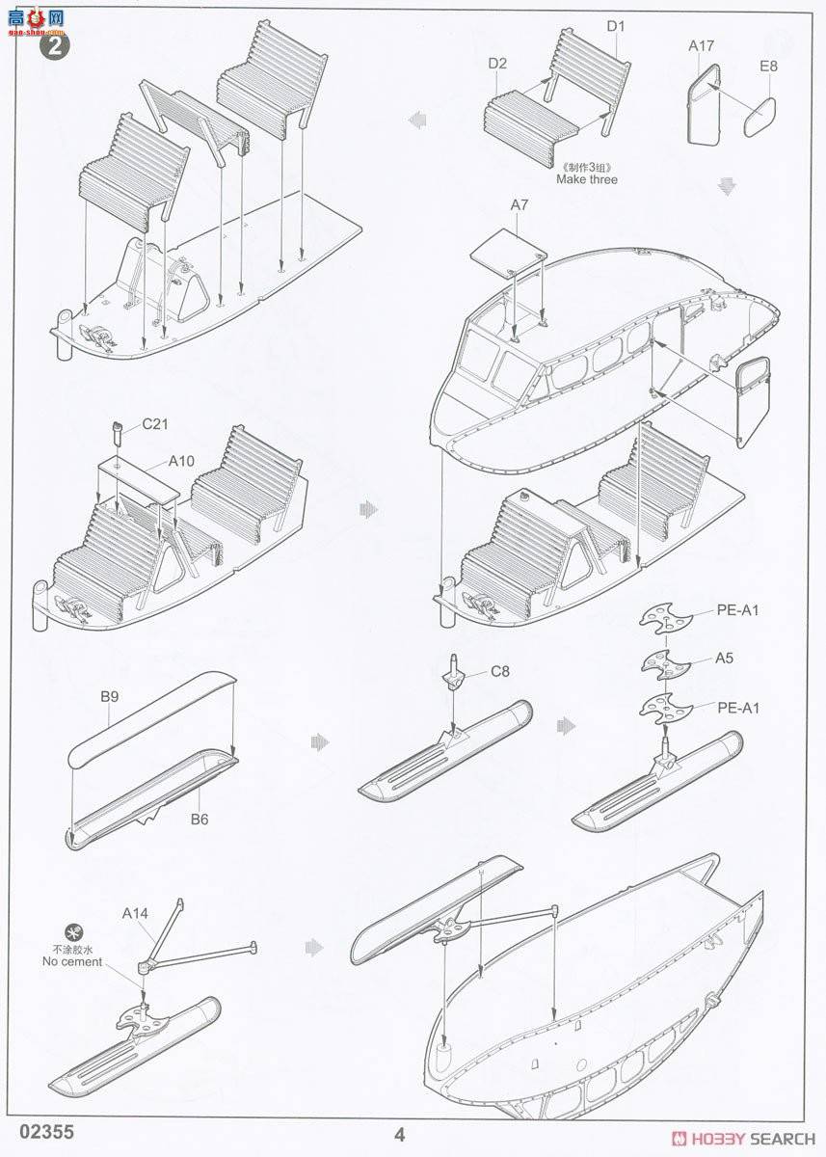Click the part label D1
615,26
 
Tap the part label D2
497,63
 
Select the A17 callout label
701,45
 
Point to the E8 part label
768,67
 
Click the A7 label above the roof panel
520,205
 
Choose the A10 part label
181,461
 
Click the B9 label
108,695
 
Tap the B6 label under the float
200,820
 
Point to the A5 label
725,659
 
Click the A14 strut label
136,912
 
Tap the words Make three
586,179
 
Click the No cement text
72,961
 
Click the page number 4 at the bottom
400,1134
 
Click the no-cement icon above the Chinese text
70,932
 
